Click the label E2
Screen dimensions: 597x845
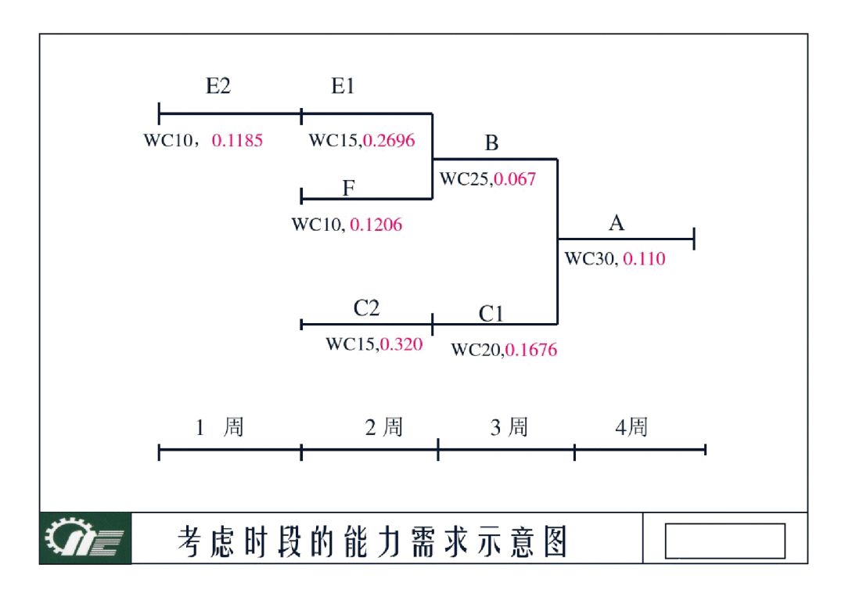[x=218, y=87]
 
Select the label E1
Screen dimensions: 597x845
[x=343, y=87]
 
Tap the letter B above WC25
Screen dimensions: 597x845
[x=491, y=143]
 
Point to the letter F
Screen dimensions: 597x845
[x=348, y=188]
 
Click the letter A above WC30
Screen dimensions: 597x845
[x=617, y=224]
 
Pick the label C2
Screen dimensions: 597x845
[x=366, y=308]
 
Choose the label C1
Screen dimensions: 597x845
[x=491, y=315]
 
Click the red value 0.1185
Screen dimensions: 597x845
[x=237, y=141]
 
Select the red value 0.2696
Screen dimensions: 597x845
[x=389, y=141]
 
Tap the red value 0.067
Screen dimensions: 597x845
[x=515, y=179]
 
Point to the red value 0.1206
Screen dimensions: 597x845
[x=376, y=225]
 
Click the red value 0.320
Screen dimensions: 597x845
[x=401, y=344]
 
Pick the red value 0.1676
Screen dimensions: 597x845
[x=531, y=350]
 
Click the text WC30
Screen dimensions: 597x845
[x=590, y=259]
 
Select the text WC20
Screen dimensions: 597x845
[x=475, y=350]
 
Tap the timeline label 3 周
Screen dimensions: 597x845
[x=509, y=428]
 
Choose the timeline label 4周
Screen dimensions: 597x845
[x=631, y=428]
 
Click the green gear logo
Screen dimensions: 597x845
[x=85, y=538]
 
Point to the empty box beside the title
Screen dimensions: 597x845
[x=725, y=541]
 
